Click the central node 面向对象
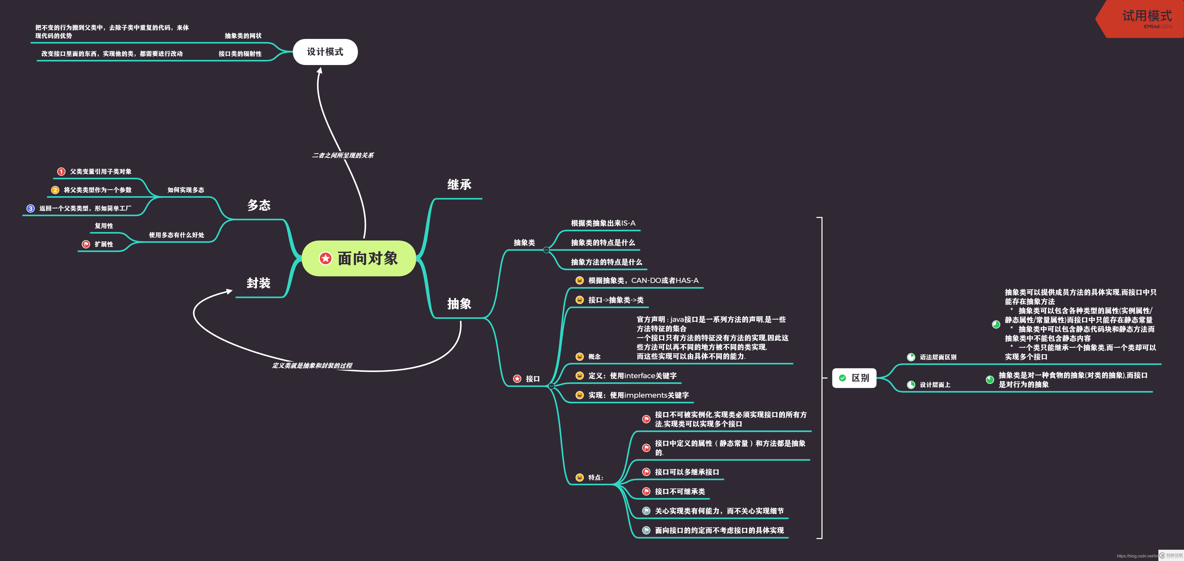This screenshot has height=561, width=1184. click(x=359, y=258)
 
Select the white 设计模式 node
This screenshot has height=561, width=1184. click(x=325, y=52)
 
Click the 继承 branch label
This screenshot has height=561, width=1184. click(x=459, y=185)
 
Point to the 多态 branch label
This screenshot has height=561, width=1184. click(x=259, y=205)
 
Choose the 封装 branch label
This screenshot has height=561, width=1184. click(x=258, y=283)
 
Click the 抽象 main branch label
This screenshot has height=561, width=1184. click(x=459, y=304)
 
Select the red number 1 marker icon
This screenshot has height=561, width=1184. click(x=61, y=171)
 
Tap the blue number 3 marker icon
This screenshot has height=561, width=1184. click(x=30, y=208)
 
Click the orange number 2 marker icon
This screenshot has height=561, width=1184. click(x=55, y=190)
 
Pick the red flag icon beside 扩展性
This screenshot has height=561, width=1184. click(x=86, y=244)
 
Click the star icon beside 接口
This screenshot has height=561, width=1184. click(x=517, y=379)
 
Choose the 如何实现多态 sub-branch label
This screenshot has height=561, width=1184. click(x=186, y=190)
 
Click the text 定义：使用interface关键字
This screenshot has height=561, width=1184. click(x=632, y=376)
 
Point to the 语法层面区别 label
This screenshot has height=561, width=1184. click(x=938, y=357)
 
